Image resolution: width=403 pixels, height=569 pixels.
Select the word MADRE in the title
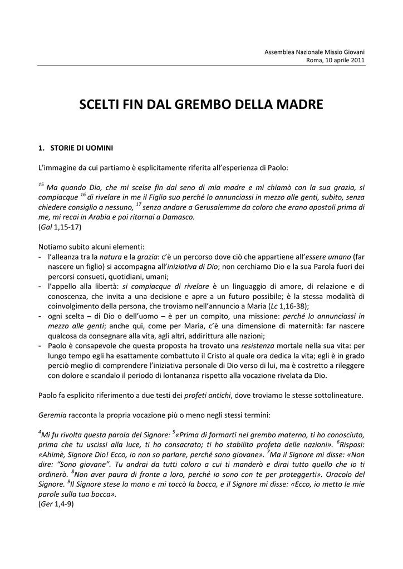[298, 104]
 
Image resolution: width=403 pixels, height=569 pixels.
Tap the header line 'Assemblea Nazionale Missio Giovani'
[314, 52]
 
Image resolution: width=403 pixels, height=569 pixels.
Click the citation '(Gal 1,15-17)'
[60, 227]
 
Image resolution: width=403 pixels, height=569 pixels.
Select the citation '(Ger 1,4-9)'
[56, 504]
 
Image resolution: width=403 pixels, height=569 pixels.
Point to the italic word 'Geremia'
[52, 415]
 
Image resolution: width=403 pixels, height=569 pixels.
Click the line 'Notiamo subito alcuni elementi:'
[91, 246]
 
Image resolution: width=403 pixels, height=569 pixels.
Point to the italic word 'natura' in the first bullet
[110, 256]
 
